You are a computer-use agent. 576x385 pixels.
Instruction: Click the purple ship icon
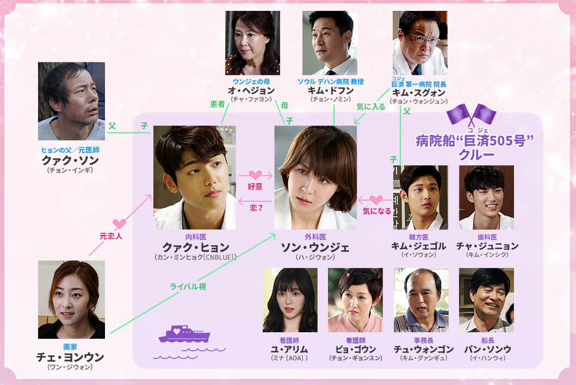184,334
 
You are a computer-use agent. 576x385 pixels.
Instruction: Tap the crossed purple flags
472,115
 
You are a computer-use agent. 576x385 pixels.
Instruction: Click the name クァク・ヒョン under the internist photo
196,247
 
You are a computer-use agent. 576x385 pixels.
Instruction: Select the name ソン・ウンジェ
315,247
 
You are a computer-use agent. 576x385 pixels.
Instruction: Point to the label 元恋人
110,236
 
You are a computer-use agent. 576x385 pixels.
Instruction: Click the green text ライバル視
188,286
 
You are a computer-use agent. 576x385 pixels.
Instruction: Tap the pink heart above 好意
255,175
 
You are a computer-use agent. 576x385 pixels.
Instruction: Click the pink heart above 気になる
376,200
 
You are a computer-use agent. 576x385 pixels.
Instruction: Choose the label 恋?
256,208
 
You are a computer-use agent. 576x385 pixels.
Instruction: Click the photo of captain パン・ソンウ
486,300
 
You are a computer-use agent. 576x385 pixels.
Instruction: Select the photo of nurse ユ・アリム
290,300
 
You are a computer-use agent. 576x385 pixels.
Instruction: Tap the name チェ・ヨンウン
70,357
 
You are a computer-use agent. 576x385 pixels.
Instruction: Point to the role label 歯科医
487,237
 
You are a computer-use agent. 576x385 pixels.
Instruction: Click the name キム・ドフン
331,90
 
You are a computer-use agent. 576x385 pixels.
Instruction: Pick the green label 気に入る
370,107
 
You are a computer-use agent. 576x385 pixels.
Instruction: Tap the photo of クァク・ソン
72,101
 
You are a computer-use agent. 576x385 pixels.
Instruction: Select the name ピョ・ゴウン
356,349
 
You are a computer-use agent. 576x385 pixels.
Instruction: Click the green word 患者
218,104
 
